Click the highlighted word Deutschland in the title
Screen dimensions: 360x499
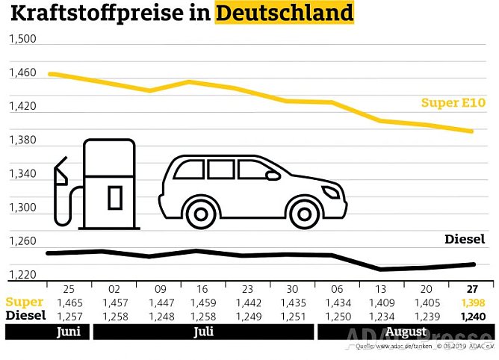[x=284, y=13]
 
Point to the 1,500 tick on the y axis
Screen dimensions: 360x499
[x=22, y=40]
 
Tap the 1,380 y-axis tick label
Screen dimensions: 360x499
[x=22, y=140]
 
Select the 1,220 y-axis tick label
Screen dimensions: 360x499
[x=22, y=275]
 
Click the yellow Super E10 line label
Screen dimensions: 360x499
[x=453, y=103]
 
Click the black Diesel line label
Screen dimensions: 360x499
[x=464, y=239]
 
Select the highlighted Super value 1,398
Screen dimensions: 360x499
[x=472, y=303]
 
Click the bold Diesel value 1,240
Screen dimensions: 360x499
[x=472, y=317]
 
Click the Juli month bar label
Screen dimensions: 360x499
[x=202, y=332]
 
